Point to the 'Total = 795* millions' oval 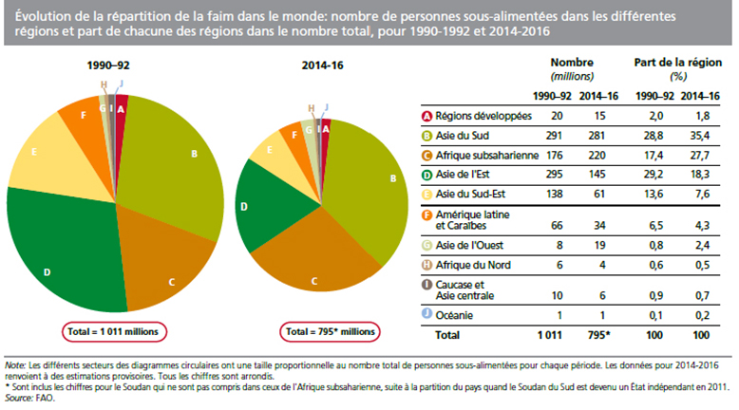[331, 331]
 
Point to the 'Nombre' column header [572, 63]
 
